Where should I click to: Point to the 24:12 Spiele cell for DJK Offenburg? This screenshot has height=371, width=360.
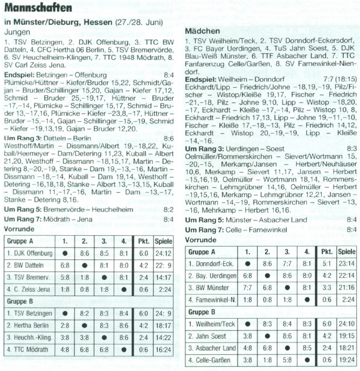[x=163, y=253]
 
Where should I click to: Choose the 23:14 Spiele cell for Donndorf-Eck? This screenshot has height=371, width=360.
[x=347, y=264]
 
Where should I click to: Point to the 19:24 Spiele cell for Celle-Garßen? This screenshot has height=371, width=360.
[x=347, y=359]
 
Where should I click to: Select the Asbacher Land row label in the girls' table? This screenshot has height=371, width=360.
[x=212, y=347]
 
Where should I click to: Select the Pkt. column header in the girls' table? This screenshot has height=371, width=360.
[x=327, y=251]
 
